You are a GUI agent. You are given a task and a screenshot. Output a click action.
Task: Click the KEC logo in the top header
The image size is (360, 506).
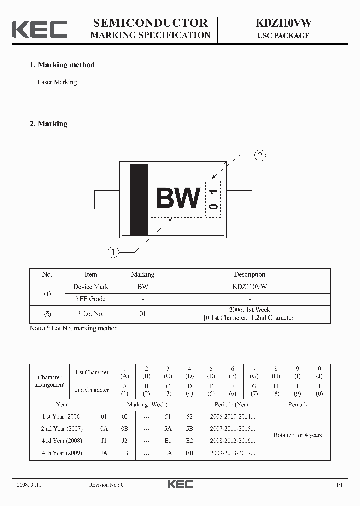pos(39,29)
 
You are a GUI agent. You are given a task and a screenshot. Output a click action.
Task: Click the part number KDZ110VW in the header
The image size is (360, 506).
pos(283,23)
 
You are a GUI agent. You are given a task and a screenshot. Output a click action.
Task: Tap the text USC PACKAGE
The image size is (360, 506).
pos(283,36)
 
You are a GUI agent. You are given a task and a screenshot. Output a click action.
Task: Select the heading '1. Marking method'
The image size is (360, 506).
pos(62,65)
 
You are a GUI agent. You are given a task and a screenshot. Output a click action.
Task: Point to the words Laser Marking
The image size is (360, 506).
pos(57,82)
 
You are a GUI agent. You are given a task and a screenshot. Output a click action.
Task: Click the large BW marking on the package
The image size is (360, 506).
pos(178,199)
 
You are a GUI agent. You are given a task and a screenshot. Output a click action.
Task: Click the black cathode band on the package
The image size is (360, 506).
pos(139,199)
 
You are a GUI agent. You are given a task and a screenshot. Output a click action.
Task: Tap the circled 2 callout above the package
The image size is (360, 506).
pos(260,156)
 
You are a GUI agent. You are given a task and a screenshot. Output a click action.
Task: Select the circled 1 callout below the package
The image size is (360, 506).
pos(113,253)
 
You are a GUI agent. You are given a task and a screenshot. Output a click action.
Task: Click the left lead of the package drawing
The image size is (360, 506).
pos(106,199)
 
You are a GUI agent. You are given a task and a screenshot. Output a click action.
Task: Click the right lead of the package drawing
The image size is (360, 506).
pos(239,199)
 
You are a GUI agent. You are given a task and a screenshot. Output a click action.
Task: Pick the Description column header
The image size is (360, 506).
pos(249,274)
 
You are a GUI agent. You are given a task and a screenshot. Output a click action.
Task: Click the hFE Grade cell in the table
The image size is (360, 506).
pos(91,299)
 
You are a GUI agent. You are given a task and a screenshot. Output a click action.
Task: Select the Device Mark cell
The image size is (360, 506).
pos(91,287)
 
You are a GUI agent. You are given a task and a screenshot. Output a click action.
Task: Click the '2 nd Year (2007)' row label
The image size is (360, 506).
pos(61,429)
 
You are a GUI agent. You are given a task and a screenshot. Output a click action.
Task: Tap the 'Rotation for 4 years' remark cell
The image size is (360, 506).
pos(297,435)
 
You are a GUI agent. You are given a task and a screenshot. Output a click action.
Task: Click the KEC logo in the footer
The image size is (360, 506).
pos(180,484)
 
